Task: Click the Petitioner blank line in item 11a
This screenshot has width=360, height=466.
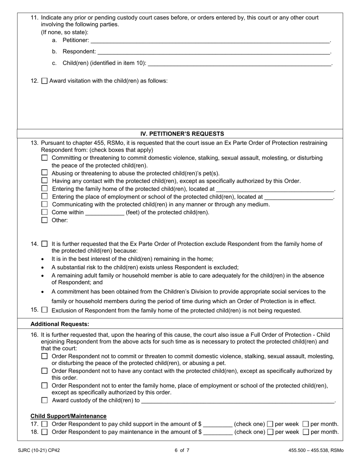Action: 210,41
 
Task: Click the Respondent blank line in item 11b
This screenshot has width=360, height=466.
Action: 213,52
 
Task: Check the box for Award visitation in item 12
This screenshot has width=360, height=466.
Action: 44,81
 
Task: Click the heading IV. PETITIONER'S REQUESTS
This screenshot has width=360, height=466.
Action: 182,134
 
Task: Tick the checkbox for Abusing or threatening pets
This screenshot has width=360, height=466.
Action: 45,173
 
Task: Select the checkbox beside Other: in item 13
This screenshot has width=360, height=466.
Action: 45,220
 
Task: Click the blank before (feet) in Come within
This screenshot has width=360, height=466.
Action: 105,213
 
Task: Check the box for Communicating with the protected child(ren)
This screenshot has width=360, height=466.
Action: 45,204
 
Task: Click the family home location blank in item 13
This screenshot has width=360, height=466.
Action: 275,189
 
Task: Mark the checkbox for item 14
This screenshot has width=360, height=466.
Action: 45,244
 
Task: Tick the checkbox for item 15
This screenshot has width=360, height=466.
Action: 45,310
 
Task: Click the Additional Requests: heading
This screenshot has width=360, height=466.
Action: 60,324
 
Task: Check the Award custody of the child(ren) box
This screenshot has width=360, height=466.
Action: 45,400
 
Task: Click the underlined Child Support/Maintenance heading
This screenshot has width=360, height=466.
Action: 69,416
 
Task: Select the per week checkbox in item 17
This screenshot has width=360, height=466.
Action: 270,424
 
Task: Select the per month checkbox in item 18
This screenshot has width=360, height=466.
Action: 306,432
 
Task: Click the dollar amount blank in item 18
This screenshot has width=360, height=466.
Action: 218,432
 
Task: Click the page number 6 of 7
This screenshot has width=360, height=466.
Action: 182,450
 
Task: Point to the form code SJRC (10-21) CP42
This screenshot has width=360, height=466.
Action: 39,450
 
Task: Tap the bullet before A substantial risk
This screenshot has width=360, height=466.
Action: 42,267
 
